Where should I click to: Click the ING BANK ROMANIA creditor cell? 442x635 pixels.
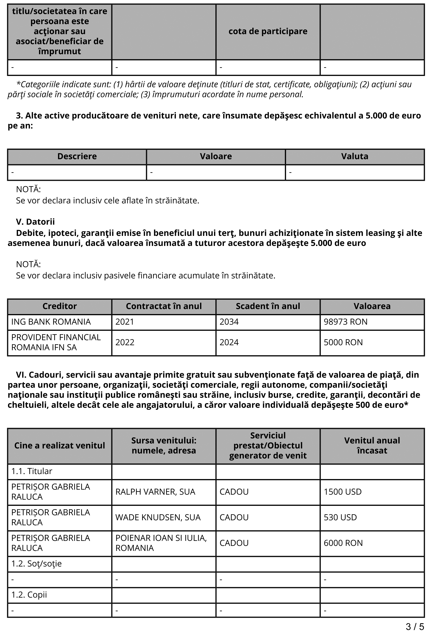click(51, 322)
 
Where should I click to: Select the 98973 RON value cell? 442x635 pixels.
click(345, 322)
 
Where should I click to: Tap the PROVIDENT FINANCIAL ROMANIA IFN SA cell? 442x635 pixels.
click(56, 342)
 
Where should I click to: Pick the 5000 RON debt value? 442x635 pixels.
click(343, 342)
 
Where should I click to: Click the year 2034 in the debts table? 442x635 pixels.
click(229, 322)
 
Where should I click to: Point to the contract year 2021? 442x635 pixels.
click(125, 322)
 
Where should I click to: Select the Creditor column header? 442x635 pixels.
click(59, 306)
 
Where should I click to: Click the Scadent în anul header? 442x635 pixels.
click(268, 306)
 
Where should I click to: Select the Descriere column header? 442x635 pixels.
click(77, 156)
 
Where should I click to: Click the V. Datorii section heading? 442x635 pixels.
click(35, 222)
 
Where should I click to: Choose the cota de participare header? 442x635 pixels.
click(268, 31)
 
